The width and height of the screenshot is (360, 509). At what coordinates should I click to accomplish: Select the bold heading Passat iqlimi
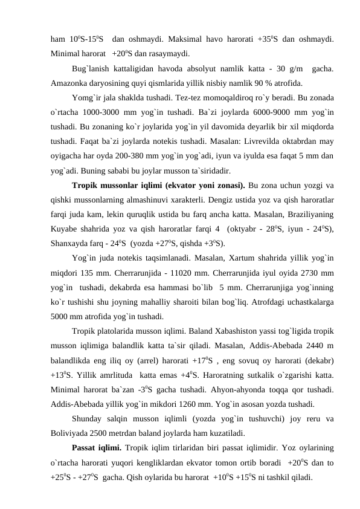[97, 447]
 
